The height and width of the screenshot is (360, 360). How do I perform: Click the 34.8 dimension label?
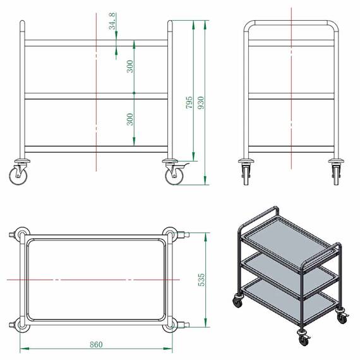[x=112, y=21]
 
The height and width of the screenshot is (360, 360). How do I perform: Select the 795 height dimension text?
[x=189, y=102]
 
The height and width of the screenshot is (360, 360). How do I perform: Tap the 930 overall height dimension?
[x=201, y=103]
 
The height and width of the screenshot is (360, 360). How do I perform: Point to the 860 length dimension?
[x=96, y=345]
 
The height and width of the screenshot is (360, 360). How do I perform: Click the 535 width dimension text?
[x=201, y=280]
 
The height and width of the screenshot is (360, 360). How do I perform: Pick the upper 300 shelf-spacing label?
[x=130, y=66]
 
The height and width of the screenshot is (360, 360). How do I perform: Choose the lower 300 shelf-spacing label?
[x=130, y=119]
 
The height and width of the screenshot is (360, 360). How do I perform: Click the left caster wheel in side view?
[x=18, y=176]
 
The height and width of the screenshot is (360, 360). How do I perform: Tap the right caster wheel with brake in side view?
[x=174, y=176]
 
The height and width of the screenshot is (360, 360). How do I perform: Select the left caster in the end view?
[x=246, y=172]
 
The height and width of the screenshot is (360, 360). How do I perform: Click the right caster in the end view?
[x=336, y=172]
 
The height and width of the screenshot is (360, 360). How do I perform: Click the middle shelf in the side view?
[x=96, y=96]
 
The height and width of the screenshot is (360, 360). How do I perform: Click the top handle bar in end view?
[x=291, y=23]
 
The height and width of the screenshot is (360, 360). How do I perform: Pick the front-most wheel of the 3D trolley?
[x=304, y=340]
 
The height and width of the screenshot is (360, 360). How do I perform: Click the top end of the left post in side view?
[x=22, y=21]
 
